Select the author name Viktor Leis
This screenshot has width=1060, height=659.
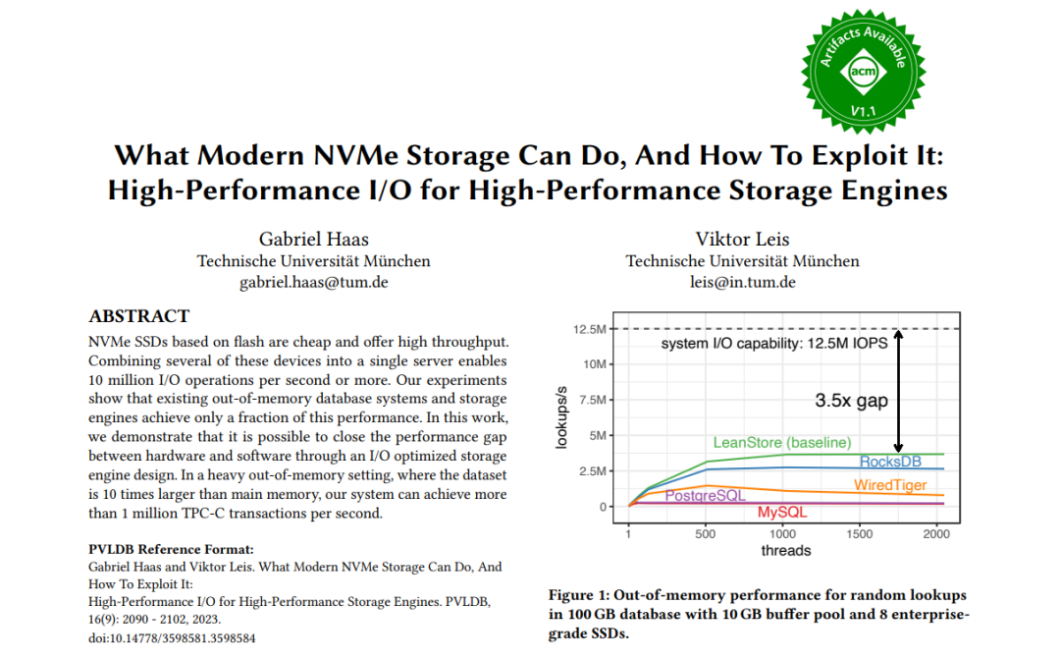742,239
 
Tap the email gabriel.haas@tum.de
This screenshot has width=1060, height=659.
313,283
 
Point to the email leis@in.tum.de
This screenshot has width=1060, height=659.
742,283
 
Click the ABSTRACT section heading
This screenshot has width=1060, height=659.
138,317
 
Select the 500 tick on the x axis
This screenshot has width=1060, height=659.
705,534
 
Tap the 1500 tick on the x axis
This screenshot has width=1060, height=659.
859,534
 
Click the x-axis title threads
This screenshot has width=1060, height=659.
786,551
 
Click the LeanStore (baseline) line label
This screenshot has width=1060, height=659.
782,442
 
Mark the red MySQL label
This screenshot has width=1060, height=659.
781,513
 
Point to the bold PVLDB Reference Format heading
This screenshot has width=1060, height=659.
171,549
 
